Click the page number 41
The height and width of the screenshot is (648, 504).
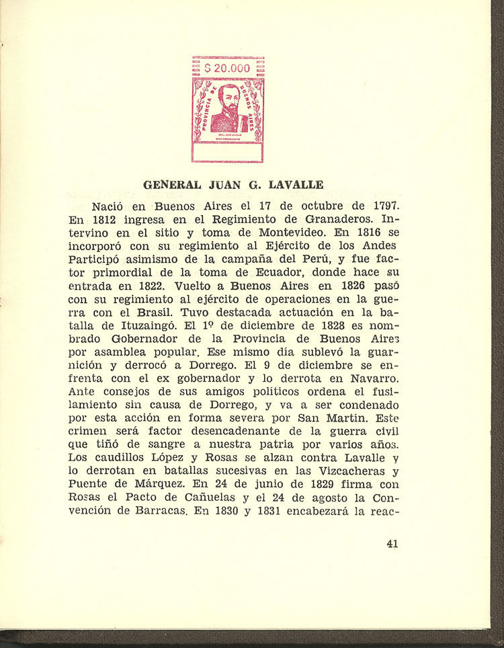pos(392,544)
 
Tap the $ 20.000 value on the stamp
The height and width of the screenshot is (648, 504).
pos(227,68)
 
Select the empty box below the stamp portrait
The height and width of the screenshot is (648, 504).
pos(227,153)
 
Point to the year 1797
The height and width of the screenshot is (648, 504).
pos(386,206)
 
